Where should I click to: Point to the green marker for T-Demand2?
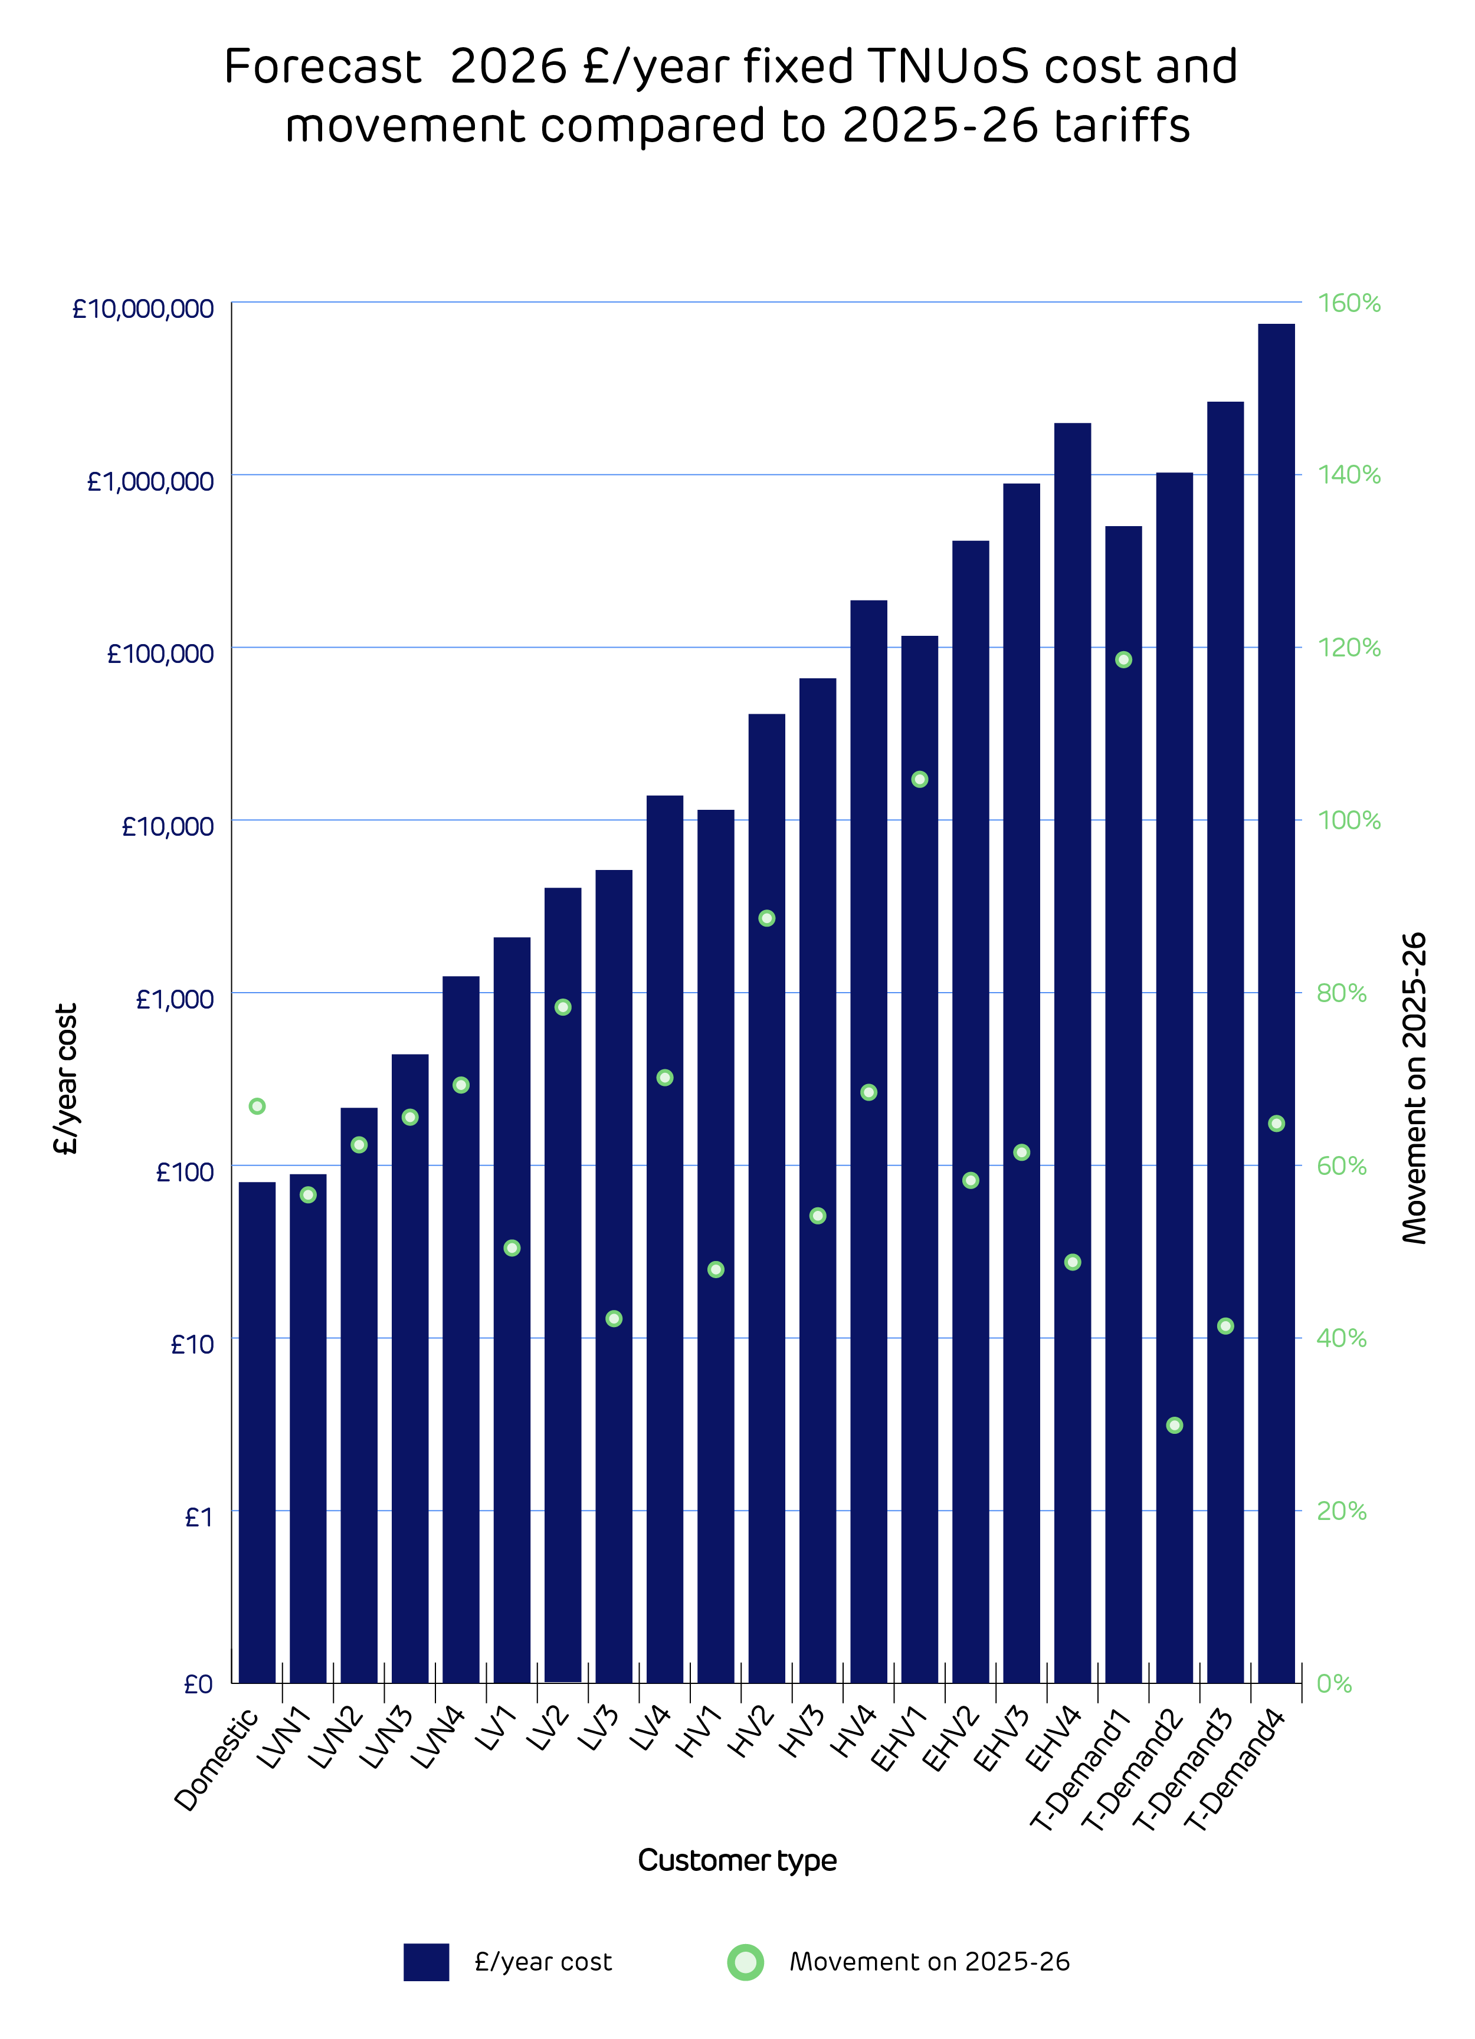click(1174, 1425)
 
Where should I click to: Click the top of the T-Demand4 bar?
click(1276, 324)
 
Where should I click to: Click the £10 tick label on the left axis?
click(192, 1345)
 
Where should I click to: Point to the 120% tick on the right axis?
click(1348, 647)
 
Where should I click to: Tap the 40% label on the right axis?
click(1341, 1338)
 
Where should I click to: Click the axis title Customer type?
click(736, 1860)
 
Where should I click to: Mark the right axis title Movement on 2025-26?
click(1415, 1088)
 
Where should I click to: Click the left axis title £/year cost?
click(65, 1078)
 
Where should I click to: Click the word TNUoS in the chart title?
click(948, 67)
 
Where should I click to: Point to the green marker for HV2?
click(766, 918)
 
